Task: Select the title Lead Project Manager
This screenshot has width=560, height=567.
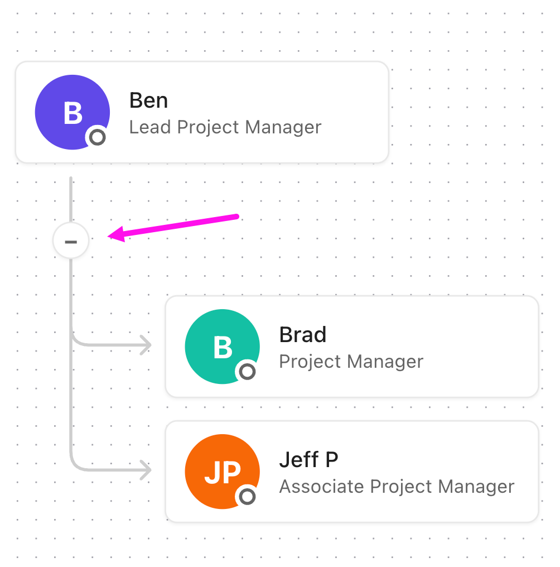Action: pos(225,127)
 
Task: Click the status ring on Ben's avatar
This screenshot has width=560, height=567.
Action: pos(97,137)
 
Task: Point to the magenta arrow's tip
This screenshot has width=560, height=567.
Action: pos(108,236)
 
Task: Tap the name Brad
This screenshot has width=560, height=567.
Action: pos(303,334)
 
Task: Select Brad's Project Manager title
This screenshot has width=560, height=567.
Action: pos(351,362)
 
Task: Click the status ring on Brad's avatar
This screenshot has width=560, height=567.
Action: pos(247,371)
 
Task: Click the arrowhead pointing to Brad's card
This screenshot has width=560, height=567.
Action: pos(147,345)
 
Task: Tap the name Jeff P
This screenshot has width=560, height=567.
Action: pos(309,460)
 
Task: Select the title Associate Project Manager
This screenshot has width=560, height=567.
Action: pos(397,487)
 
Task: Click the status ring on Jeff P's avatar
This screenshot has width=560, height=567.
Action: pos(247,497)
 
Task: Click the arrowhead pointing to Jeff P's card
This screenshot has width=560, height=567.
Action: pos(147,470)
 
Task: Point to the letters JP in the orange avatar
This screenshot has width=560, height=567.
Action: pos(223,472)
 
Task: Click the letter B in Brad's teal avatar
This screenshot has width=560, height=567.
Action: pos(223,348)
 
